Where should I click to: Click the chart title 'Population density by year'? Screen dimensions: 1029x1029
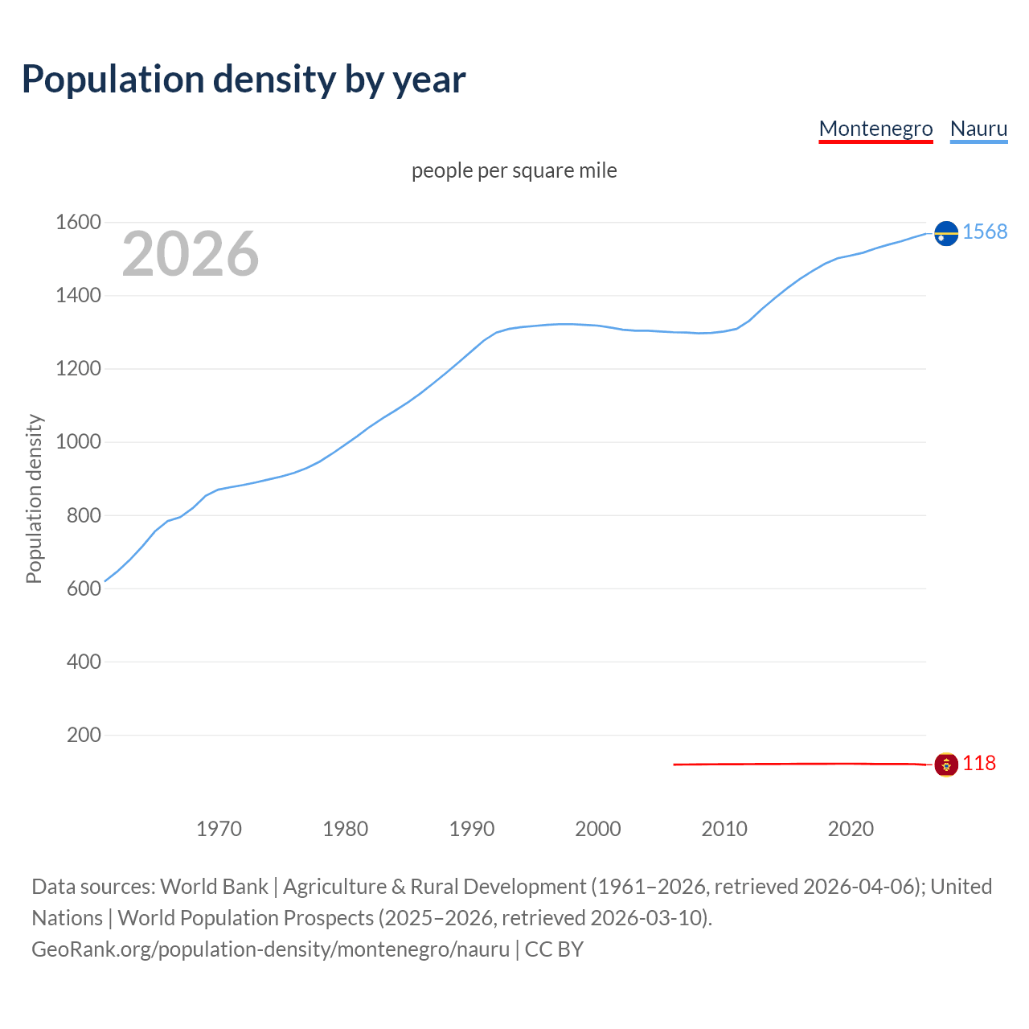coord(244,80)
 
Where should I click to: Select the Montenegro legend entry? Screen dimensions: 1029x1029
coord(875,129)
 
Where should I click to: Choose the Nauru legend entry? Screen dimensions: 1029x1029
coord(978,129)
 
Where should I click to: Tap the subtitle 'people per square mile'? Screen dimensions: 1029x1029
coord(514,170)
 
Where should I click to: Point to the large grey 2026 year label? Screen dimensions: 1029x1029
coord(191,254)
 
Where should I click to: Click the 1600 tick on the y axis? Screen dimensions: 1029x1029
coord(78,223)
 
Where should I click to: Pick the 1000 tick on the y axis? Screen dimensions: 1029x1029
coord(78,442)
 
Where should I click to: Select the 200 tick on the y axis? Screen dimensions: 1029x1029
coord(84,735)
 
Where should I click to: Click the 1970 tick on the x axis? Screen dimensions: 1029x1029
coord(219,829)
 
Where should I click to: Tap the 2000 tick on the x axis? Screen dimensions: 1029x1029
coord(598,829)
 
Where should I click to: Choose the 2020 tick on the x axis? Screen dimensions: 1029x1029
coord(851,829)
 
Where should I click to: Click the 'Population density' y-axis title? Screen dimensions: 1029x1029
coord(34,498)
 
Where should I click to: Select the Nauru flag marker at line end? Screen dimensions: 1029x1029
coord(946,233)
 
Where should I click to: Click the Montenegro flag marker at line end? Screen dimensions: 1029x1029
coord(946,765)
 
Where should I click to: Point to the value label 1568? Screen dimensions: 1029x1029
coord(985,232)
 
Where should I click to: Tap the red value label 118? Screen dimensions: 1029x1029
coord(979,764)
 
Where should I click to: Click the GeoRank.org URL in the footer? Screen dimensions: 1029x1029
coord(270,949)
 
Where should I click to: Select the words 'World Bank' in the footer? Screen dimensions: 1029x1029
coord(214,887)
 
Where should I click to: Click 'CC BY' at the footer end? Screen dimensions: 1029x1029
coord(554,949)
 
